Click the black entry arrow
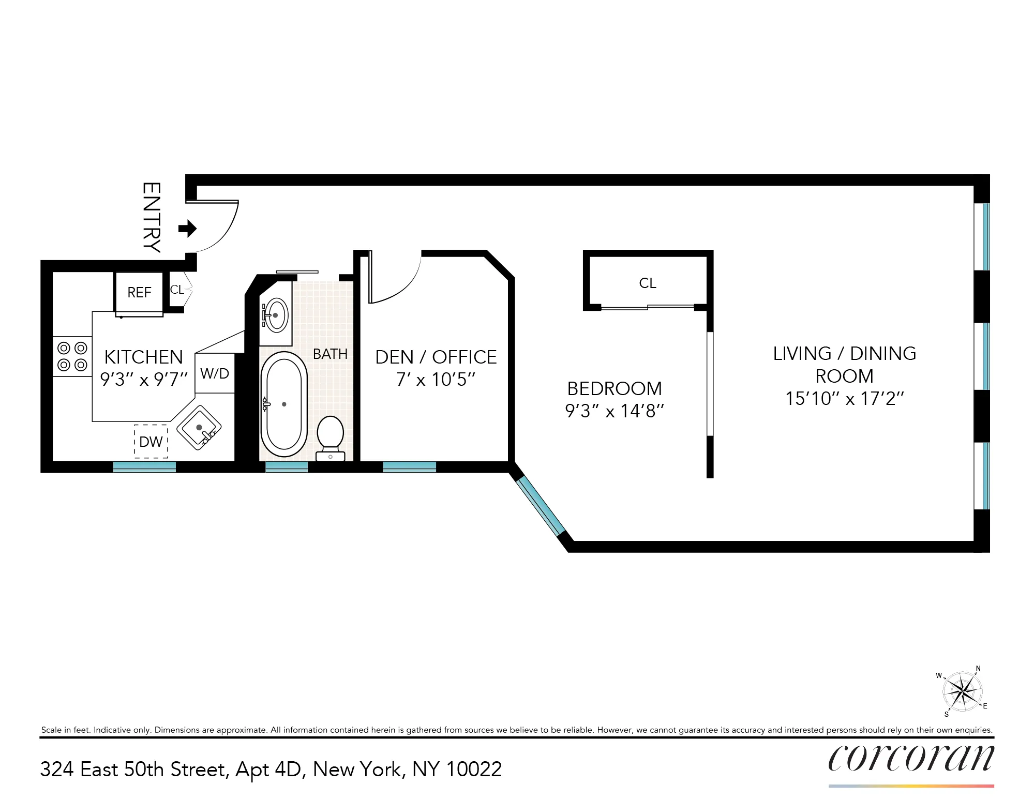tap(187, 228)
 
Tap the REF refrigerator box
tap(139, 292)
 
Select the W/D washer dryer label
tap(215, 373)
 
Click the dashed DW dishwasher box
tap(151, 441)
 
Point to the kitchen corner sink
tap(199, 428)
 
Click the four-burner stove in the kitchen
tap(72, 356)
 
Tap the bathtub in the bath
tap(283, 404)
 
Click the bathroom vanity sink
tap(276, 315)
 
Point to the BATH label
tap(330, 354)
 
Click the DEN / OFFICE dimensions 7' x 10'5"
tap(436, 380)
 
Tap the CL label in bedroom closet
tap(648, 283)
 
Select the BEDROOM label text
tap(615, 388)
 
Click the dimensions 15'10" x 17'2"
tap(844, 399)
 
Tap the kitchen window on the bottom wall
tap(144, 466)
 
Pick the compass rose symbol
tap(962, 691)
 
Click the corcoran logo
tap(911, 758)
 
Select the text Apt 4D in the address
tap(268, 770)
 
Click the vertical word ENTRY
tap(152, 217)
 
